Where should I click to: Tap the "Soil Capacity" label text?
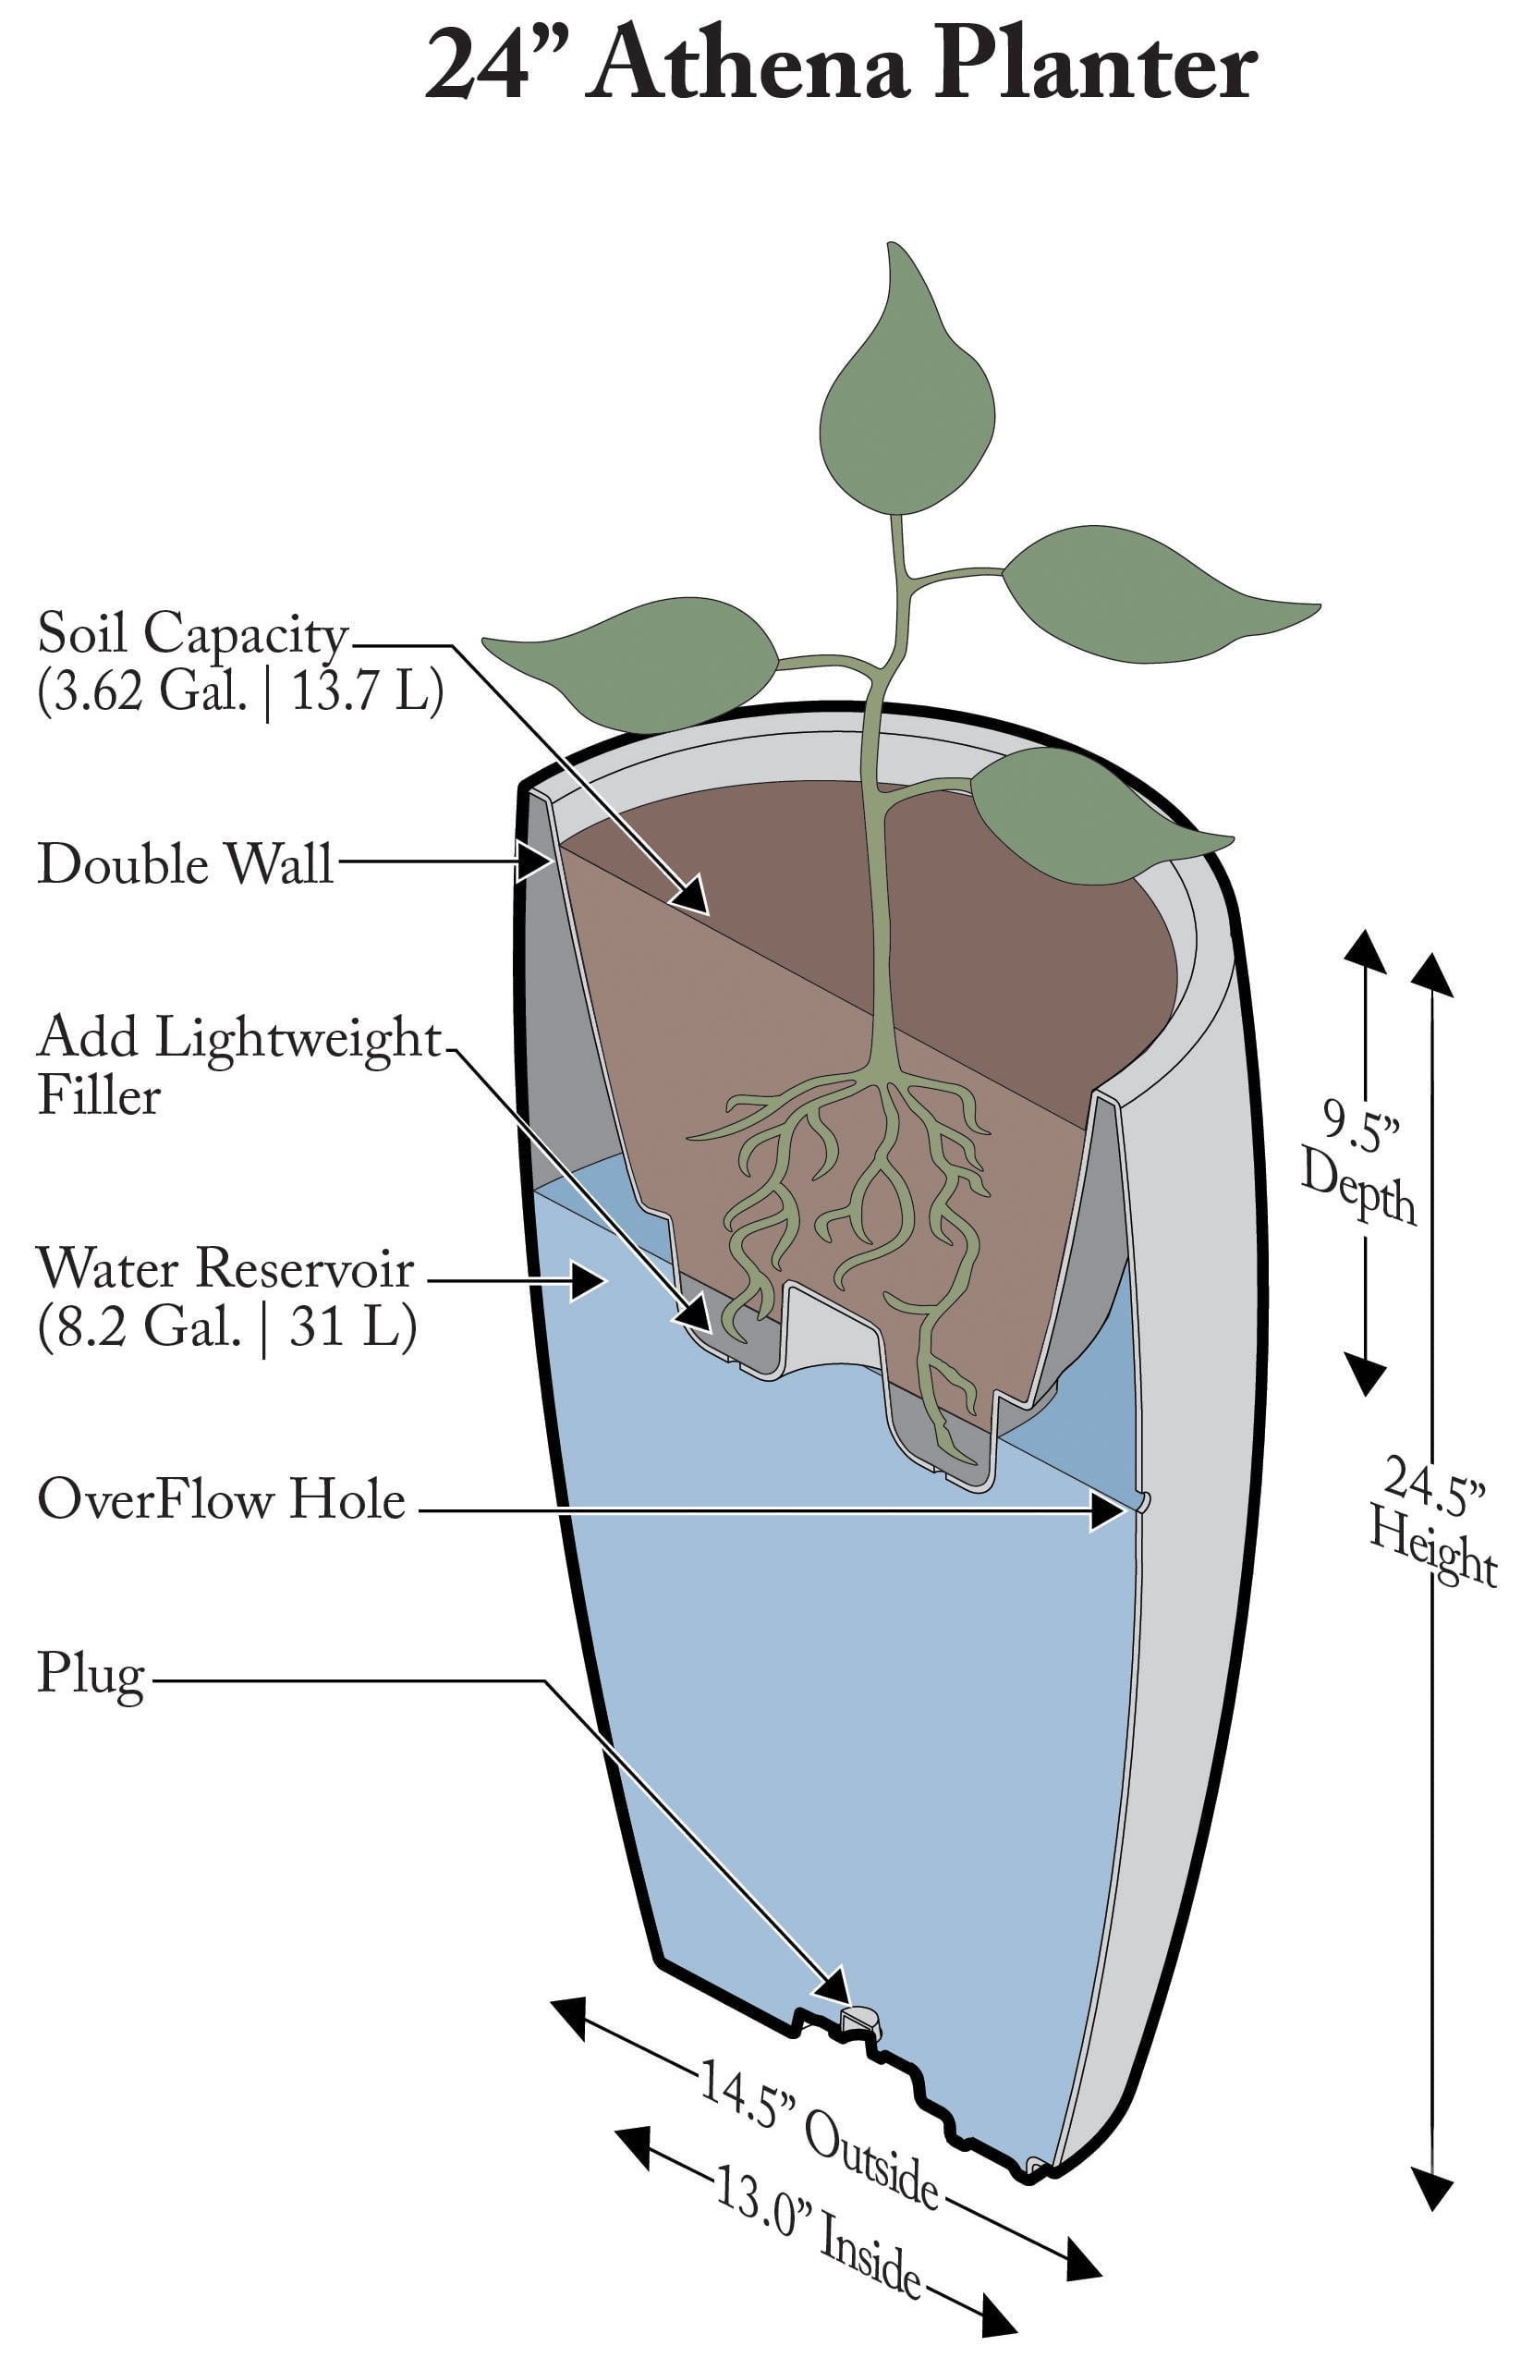(192, 633)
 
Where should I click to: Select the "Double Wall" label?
(185, 863)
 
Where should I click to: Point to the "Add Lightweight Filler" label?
(237, 1065)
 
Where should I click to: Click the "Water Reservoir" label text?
(225, 1268)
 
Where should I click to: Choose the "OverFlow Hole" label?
(221, 1498)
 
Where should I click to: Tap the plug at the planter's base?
(858, 2016)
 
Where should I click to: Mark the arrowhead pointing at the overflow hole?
(1110, 1510)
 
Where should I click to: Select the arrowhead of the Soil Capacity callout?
(693, 895)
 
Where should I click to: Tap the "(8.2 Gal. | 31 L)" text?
(226, 1326)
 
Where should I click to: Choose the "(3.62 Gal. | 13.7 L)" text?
(240, 690)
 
